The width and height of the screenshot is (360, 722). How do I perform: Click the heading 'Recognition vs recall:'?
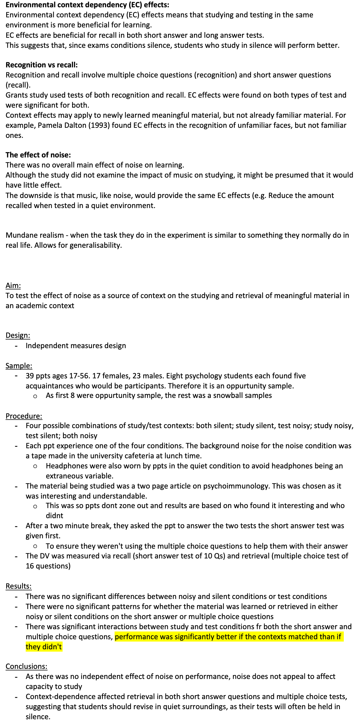[41, 65]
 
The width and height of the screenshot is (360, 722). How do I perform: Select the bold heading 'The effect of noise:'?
[38, 155]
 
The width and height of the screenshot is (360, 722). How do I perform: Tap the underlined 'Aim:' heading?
[13, 285]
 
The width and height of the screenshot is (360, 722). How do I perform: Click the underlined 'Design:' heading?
[18, 335]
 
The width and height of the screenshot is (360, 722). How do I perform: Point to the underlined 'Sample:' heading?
[19, 365]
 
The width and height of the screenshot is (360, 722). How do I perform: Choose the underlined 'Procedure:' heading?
[24, 416]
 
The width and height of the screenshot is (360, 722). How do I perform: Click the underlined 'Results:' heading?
[18, 586]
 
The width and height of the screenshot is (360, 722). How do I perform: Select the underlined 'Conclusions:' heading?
[26, 666]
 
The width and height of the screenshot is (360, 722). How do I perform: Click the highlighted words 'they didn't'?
[44, 647]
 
